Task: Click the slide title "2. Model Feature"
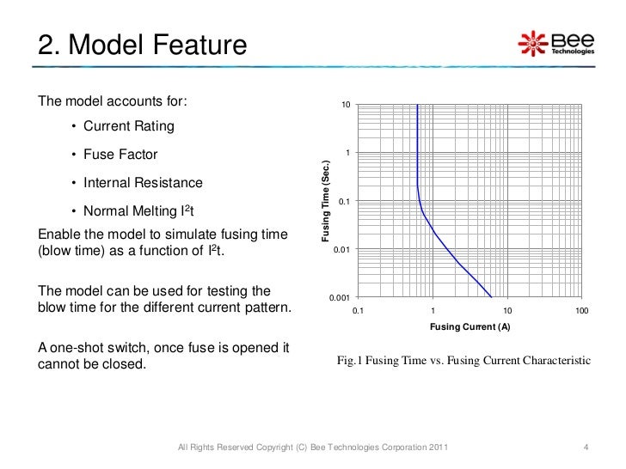pyautogui.click(x=142, y=44)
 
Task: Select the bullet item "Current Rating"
pyautogui.click(x=128, y=126)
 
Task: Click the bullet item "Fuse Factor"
pyautogui.click(x=120, y=155)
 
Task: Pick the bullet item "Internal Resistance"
pyautogui.click(x=143, y=183)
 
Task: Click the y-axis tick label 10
pyautogui.click(x=345, y=105)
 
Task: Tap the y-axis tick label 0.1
pyautogui.click(x=343, y=202)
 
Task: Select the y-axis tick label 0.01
pyautogui.click(x=341, y=250)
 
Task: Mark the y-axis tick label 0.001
pyautogui.click(x=339, y=298)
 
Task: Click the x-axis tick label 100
pyautogui.click(x=582, y=310)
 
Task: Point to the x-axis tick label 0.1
pyautogui.click(x=359, y=310)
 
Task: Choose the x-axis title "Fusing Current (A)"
pyautogui.click(x=470, y=328)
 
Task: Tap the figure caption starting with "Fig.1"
pyautogui.click(x=464, y=361)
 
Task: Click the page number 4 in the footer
pyautogui.click(x=585, y=448)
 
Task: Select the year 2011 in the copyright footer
pyautogui.click(x=435, y=448)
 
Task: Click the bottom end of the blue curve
pyautogui.click(x=490, y=296)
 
